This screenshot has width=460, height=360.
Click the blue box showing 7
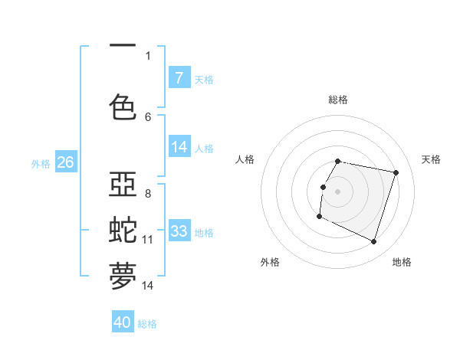click(179, 78)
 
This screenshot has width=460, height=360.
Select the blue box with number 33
click(179, 231)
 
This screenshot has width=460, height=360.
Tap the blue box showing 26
click(65, 162)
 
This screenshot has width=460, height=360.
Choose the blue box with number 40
click(123, 323)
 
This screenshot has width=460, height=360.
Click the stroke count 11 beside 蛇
click(148, 240)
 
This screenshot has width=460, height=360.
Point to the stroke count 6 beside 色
click(148, 116)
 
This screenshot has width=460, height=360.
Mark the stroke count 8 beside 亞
click(148, 194)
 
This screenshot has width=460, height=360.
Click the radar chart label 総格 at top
click(338, 100)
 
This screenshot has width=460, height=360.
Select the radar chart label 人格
click(245, 159)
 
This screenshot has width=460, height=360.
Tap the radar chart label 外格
click(270, 262)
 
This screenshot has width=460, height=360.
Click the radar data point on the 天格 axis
click(396, 173)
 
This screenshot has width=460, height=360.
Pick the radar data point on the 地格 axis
click(373, 242)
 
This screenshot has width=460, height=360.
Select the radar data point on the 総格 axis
click(338, 161)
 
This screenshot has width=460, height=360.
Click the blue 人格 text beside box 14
click(204, 149)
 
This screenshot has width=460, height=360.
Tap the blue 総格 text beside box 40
click(147, 324)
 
